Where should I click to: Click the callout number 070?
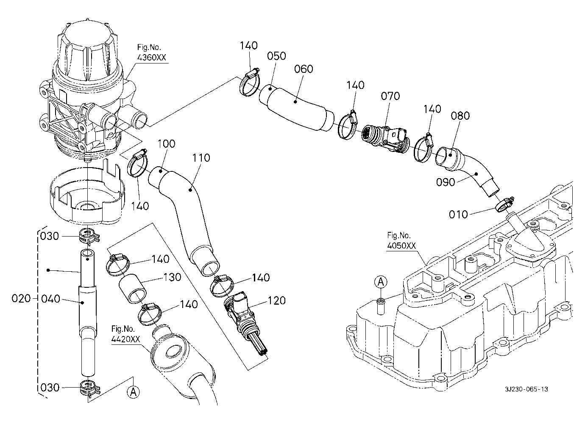(x=390, y=96)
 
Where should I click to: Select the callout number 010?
(x=458, y=215)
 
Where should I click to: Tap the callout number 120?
(x=276, y=301)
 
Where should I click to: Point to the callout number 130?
(x=172, y=278)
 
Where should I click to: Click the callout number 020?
(x=21, y=299)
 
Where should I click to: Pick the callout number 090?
(x=446, y=182)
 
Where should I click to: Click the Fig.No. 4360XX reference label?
(x=152, y=53)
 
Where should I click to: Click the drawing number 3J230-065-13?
(x=526, y=389)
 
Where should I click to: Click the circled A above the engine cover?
(x=381, y=282)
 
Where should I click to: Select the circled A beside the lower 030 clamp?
(x=134, y=392)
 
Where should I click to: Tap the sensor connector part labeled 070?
(x=386, y=138)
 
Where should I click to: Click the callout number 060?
(x=304, y=69)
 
